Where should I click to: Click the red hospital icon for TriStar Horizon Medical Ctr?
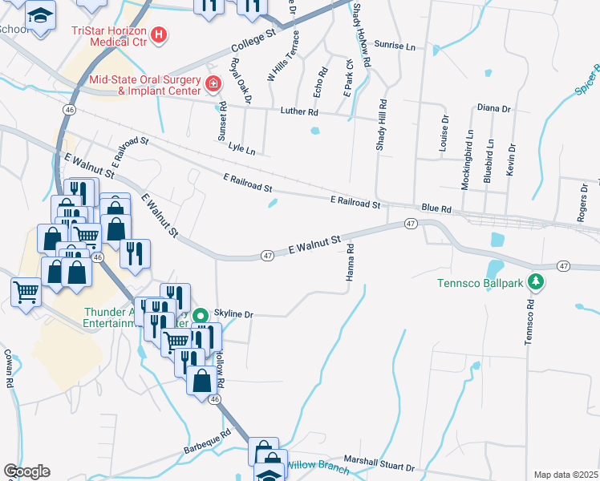pos(159,34)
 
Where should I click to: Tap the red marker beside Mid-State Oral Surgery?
pos(213,83)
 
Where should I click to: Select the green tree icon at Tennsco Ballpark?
pos(541,282)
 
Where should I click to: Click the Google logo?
pos(26,471)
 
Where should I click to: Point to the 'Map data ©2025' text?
pos(566,475)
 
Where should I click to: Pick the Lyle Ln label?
pos(241,150)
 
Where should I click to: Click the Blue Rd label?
pos(436,208)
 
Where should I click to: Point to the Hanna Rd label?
pos(351,264)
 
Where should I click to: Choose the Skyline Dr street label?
pos(233,315)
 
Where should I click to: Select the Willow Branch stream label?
pos(318,466)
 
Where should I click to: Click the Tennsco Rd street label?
pos(529,322)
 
